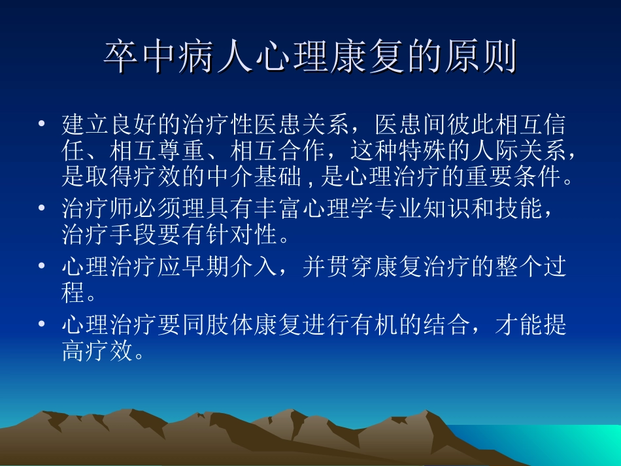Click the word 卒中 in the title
[137, 57]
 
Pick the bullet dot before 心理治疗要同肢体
[42, 324]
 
